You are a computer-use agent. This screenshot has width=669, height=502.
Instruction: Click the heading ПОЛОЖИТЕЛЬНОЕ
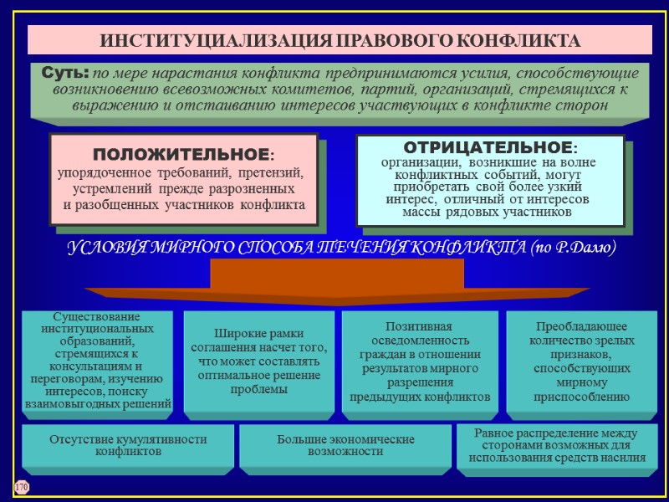[182, 155]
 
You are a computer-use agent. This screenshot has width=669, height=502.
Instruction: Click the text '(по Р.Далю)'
[574, 248]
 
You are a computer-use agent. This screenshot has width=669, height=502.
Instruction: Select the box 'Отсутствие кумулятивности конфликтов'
[128, 446]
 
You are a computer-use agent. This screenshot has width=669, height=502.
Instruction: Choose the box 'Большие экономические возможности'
[345, 446]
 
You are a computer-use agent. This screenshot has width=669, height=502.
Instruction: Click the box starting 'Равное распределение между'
[557, 445]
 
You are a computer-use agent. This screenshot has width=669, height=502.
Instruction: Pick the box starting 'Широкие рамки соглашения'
[258, 361]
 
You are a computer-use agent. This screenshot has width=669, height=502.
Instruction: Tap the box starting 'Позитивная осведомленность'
[419, 361]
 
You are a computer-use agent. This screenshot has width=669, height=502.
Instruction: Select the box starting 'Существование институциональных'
[97, 361]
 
